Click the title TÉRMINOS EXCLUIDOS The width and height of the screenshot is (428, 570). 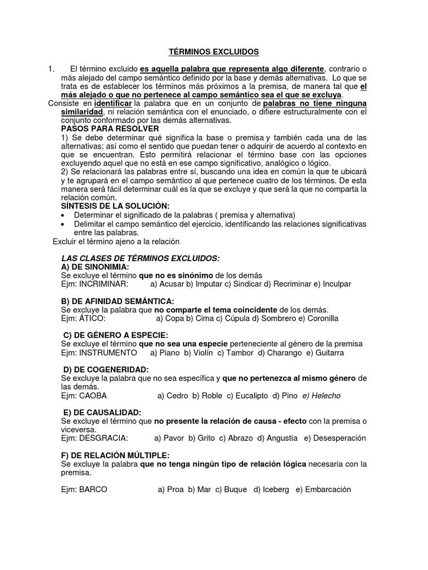215,52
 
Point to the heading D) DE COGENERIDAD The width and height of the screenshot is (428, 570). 105,370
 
